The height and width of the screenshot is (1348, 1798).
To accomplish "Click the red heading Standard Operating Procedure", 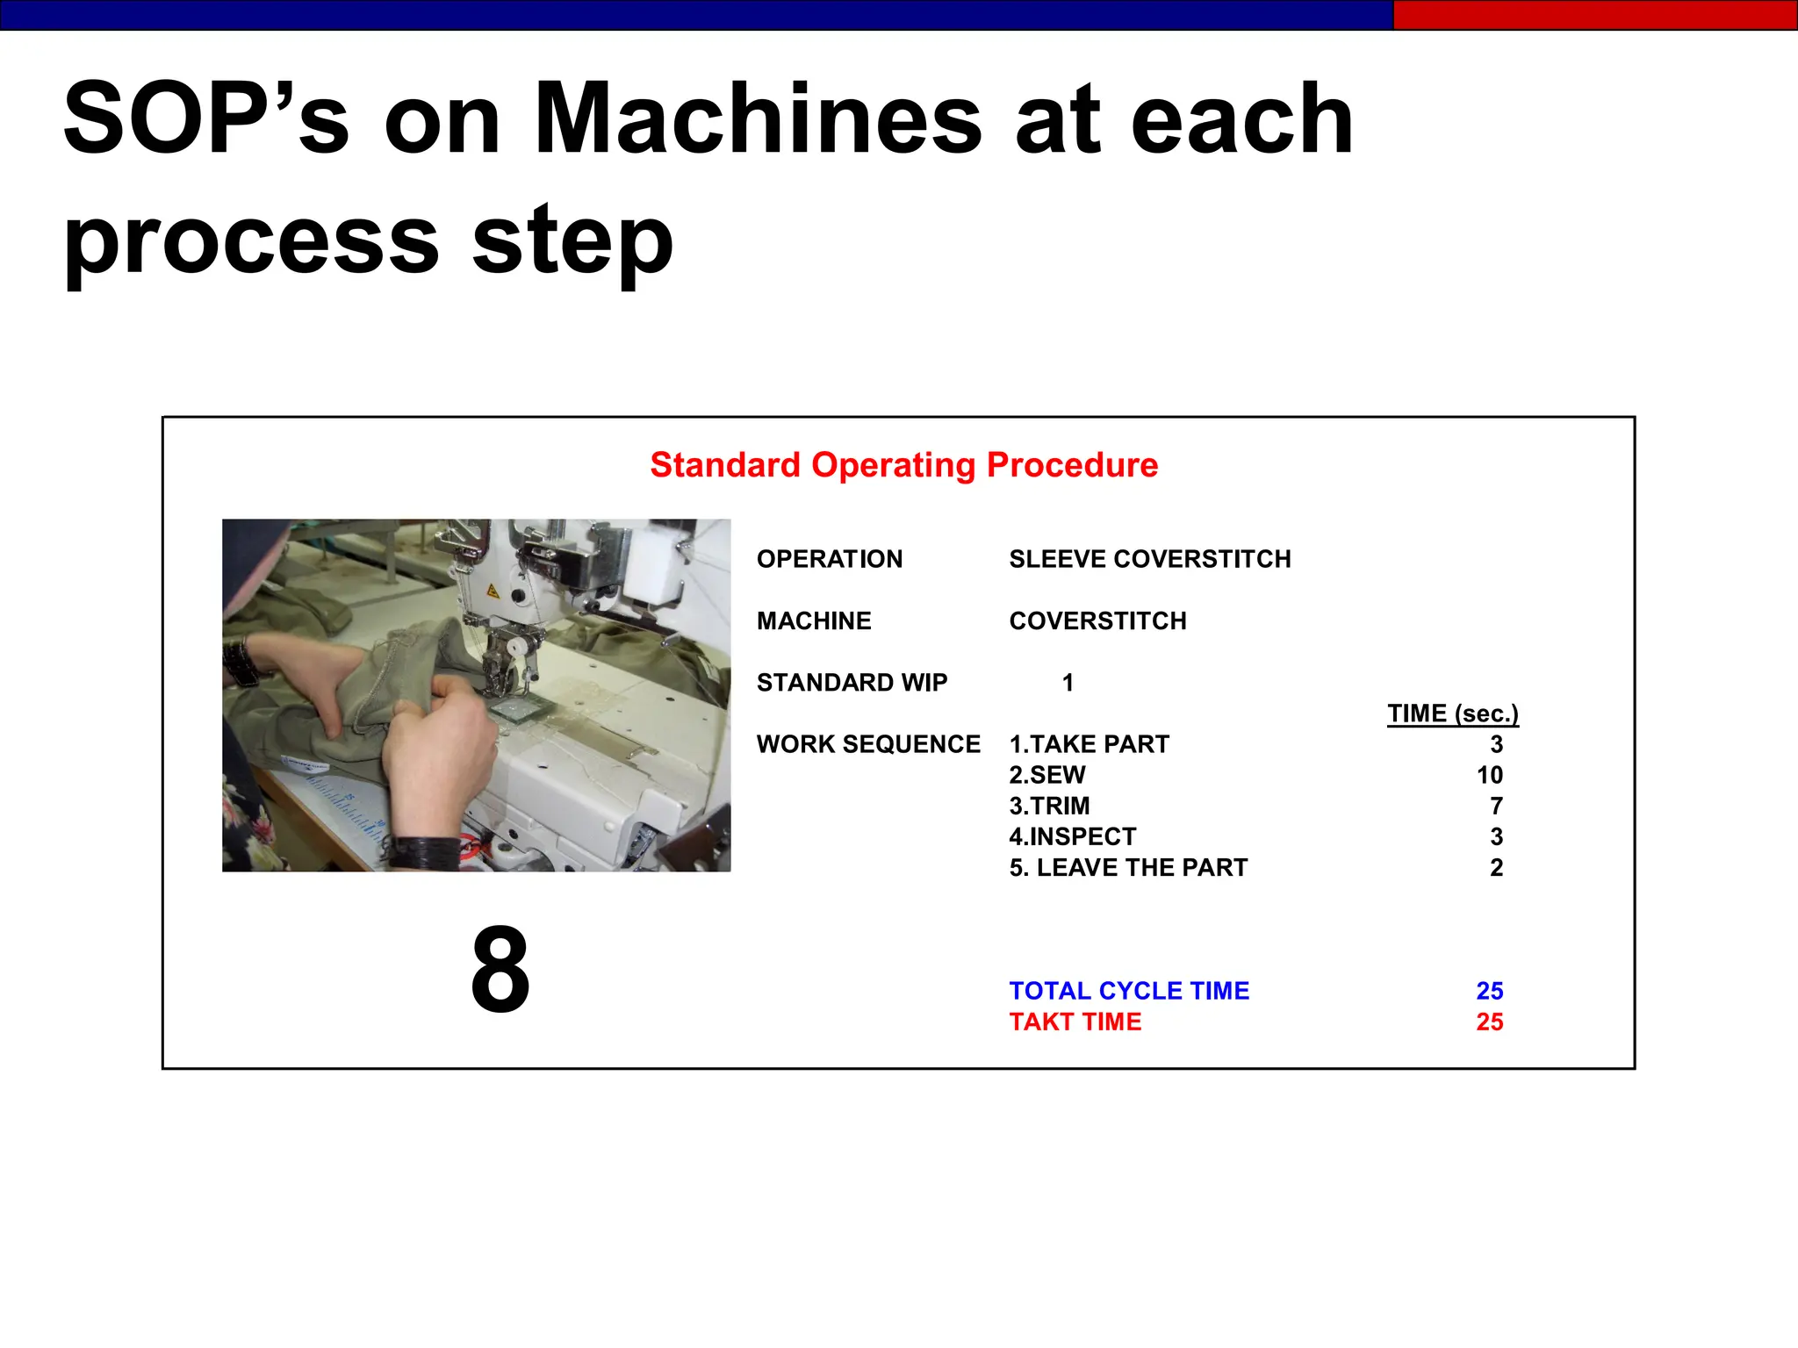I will [903, 465].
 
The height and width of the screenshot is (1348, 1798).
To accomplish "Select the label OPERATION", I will [829, 559].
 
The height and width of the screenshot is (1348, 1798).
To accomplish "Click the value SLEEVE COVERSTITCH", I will [1149, 559].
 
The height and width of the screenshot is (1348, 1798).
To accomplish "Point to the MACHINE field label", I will [814, 620].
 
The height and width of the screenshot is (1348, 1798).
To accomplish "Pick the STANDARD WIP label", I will [852, 682].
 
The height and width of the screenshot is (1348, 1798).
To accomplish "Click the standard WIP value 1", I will [1068, 682].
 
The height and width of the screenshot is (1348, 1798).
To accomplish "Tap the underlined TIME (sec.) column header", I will [1452, 713].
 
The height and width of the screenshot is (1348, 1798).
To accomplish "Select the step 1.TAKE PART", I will [1089, 744].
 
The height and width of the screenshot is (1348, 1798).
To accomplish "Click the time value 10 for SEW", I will [1489, 775].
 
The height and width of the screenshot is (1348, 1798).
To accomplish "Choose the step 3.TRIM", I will [1049, 806].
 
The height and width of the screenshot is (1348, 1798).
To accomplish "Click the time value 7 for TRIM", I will [1496, 806].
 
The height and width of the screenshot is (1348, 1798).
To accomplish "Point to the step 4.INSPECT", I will [1072, 836].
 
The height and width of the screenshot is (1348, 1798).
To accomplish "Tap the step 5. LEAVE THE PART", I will [1128, 867].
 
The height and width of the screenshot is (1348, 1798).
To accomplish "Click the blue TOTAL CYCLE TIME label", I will [1128, 991].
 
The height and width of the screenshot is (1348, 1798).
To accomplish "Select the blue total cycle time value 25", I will [1489, 991].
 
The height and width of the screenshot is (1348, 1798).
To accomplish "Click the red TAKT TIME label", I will [1075, 1022].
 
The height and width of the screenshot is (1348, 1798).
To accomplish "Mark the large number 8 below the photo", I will [500, 970].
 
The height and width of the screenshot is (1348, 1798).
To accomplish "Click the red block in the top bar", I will [1594, 15].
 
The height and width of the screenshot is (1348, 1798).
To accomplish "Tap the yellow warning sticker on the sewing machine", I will [493, 591].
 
